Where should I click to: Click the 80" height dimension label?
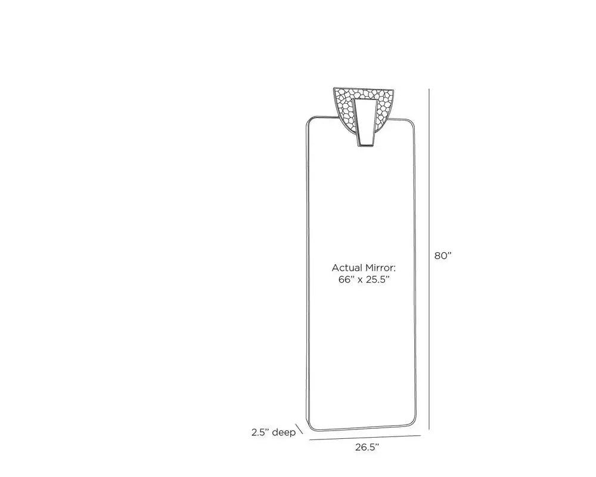443,256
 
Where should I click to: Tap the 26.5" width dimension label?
367,447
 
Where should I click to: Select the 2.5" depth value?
260,432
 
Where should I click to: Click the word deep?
284,433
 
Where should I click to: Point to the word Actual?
347,268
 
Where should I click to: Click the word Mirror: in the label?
380,268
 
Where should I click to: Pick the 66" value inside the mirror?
346,280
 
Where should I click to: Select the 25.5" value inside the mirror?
378,280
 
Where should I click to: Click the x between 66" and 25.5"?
359,281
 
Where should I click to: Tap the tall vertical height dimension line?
430,259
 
